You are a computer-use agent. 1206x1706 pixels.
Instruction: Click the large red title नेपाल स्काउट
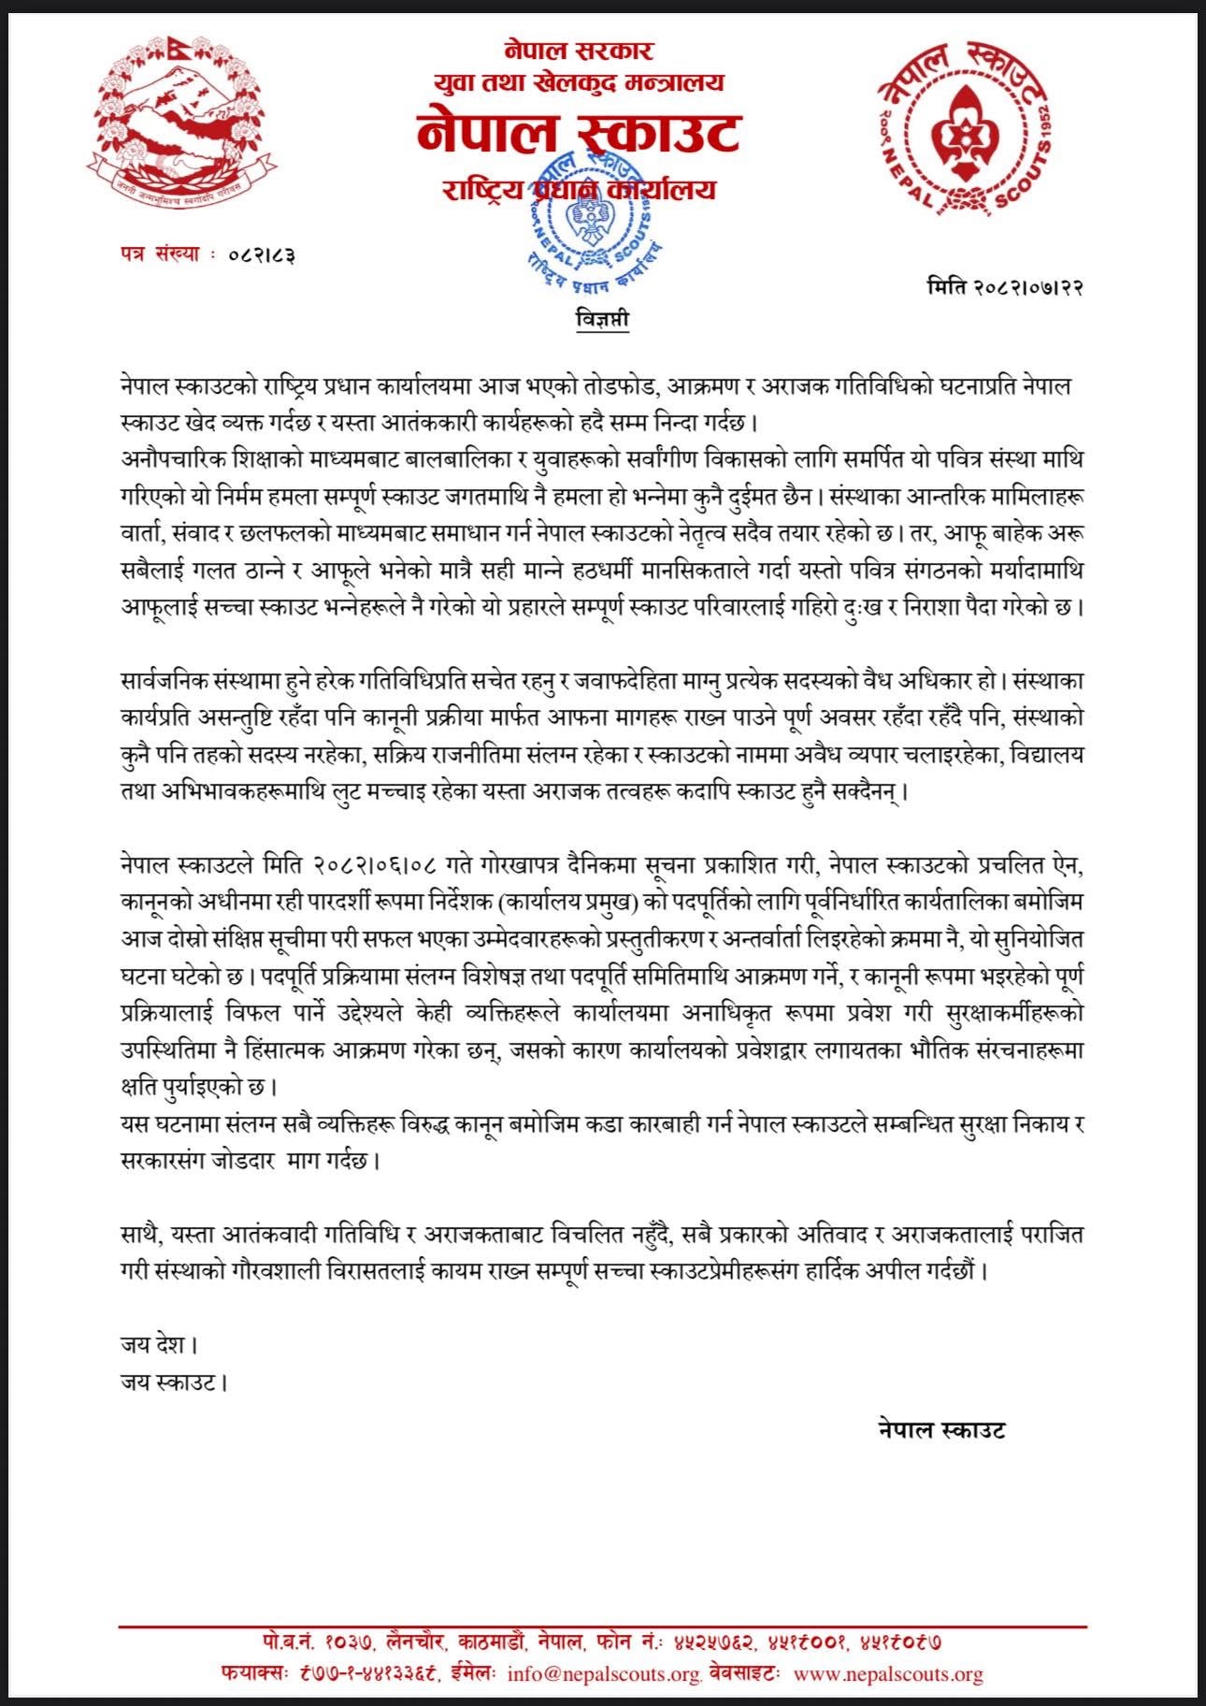[x=579, y=133]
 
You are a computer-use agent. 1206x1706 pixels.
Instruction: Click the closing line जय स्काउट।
[x=174, y=1381]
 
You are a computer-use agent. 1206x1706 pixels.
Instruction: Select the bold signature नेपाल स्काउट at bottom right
[x=941, y=1429]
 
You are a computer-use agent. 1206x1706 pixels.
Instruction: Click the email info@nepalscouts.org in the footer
[x=604, y=1674]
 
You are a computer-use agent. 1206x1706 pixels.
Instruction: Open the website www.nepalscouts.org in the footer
[x=887, y=1674]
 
